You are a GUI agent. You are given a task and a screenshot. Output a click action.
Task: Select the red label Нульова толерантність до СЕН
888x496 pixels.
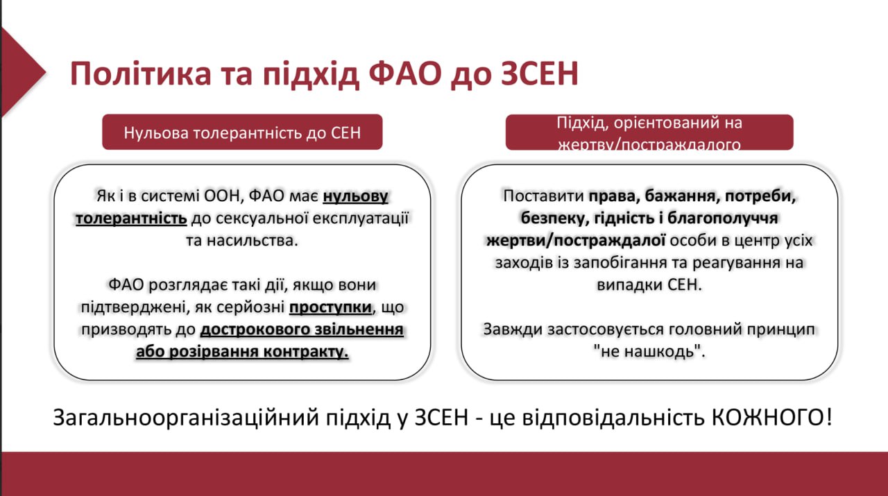pos(242,132)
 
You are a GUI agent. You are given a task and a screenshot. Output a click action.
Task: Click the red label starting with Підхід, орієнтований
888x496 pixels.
pos(649,132)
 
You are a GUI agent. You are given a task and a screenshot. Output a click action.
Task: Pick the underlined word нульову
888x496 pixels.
pos(355,196)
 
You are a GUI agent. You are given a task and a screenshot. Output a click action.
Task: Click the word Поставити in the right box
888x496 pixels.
pos(543,196)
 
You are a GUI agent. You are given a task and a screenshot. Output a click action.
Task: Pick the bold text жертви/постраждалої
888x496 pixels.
pos(575,240)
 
